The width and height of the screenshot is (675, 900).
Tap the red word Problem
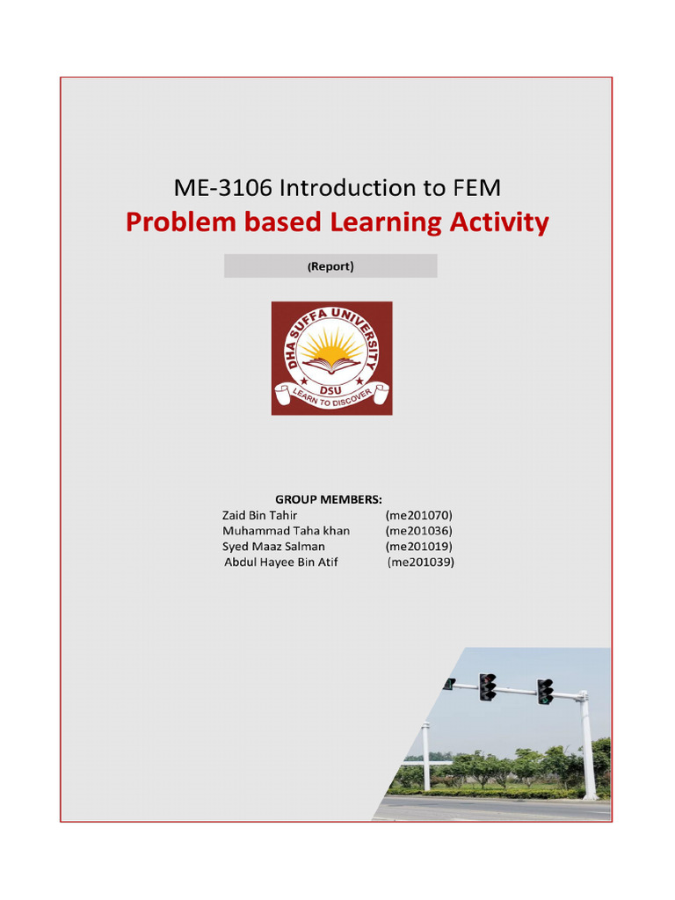pos(182,223)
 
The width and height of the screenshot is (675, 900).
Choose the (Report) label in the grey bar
pos(330,266)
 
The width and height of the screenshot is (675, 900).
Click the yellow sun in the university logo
pos(331,347)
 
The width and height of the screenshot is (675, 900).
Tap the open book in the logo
pos(331,364)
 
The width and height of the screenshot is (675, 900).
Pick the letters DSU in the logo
pos(331,387)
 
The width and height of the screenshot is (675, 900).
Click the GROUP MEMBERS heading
pos(329,499)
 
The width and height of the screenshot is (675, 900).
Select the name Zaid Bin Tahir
pos(260,515)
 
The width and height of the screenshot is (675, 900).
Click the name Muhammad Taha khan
pos(286,531)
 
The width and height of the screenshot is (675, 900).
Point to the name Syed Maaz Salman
pos(273,547)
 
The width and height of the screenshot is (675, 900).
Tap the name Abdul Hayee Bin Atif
pos(281,562)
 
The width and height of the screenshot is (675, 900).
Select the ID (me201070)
pos(419,515)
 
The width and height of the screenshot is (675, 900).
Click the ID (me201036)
pos(419,531)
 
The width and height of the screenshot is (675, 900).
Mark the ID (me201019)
pos(419,547)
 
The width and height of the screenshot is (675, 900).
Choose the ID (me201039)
pos(421,562)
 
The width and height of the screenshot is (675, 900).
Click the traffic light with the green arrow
pos(545,692)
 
